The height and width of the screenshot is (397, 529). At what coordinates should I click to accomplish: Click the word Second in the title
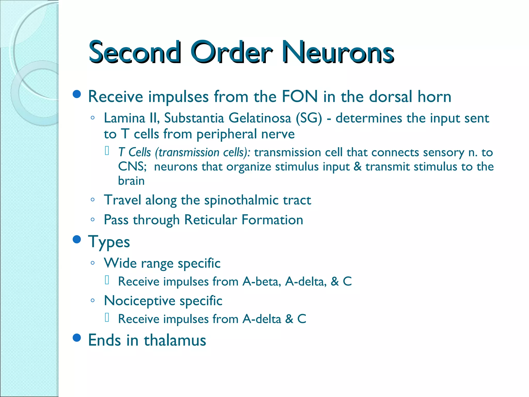pyautogui.click(x=135, y=52)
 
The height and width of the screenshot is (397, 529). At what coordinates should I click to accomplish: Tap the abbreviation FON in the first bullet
pyautogui.click(x=300, y=97)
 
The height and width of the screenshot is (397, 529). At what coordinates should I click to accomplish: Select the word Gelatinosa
pyautogui.click(x=260, y=118)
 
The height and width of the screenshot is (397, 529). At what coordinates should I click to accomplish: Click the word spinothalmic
pyautogui.click(x=241, y=200)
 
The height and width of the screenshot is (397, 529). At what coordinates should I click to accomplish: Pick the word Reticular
pyautogui.click(x=211, y=220)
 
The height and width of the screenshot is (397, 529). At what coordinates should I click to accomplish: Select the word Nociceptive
pyautogui.click(x=139, y=301)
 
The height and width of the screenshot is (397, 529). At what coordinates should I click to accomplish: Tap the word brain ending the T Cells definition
pyautogui.click(x=131, y=181)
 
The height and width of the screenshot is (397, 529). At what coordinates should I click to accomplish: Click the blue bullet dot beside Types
pyautogui.click(x=77, y=239)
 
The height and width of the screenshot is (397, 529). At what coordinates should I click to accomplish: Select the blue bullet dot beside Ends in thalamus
pyautogui.click(x=77, y=338)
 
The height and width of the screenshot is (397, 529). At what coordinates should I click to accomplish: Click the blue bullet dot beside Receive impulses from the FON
pyautogui.click(x=77, y=94)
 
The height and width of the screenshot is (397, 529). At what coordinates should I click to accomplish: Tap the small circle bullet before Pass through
pyautogui.click(x=92, y=220)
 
